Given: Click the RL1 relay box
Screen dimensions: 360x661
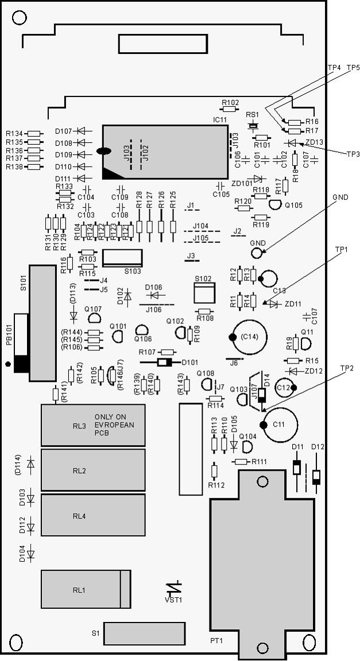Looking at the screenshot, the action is (86, 589).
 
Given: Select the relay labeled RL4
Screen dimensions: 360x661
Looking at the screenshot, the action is (93, 515).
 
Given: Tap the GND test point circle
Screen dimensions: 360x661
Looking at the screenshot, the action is (257, 253).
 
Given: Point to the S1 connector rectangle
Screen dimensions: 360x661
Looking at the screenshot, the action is (145, 633).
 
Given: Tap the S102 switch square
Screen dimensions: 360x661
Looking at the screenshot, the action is (204, 293).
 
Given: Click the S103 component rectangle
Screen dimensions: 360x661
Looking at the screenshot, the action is (122, 258).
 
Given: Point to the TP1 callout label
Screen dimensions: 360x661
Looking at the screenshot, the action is (340, 249).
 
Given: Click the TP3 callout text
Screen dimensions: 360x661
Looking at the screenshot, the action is (353, 154).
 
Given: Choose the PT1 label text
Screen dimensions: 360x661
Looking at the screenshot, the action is (216, 641).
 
